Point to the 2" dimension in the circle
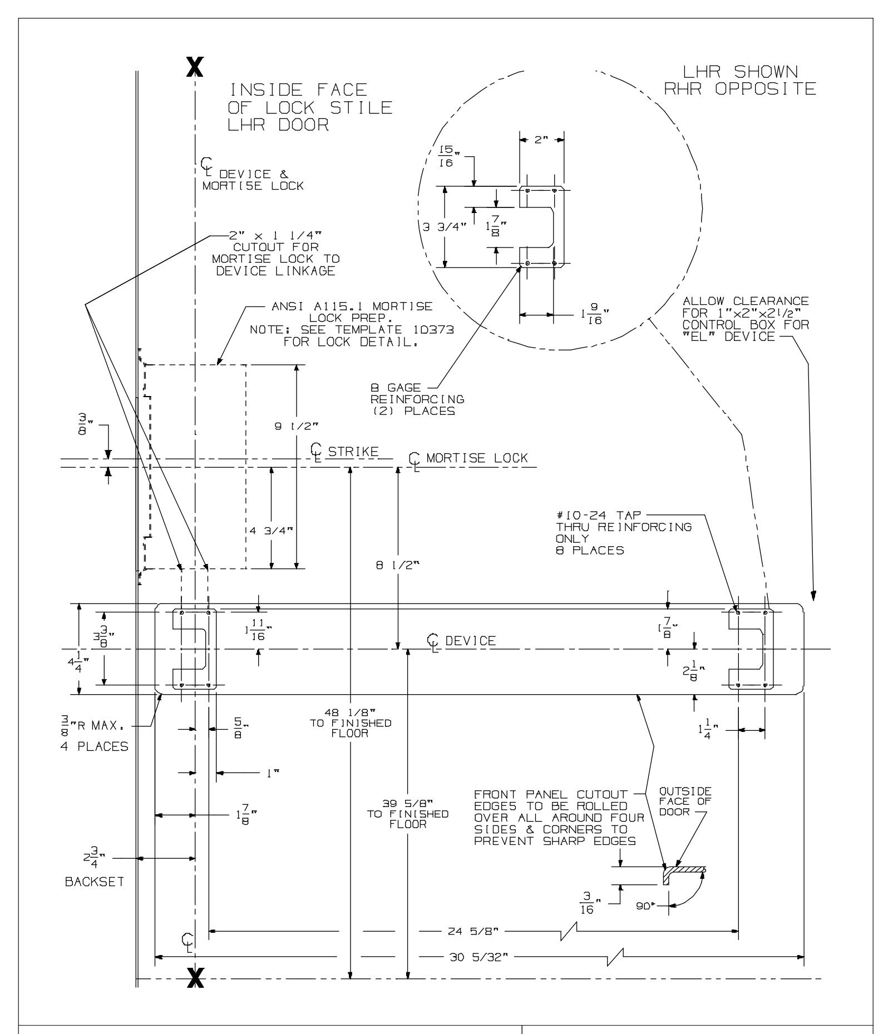click(x=541, y=141)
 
